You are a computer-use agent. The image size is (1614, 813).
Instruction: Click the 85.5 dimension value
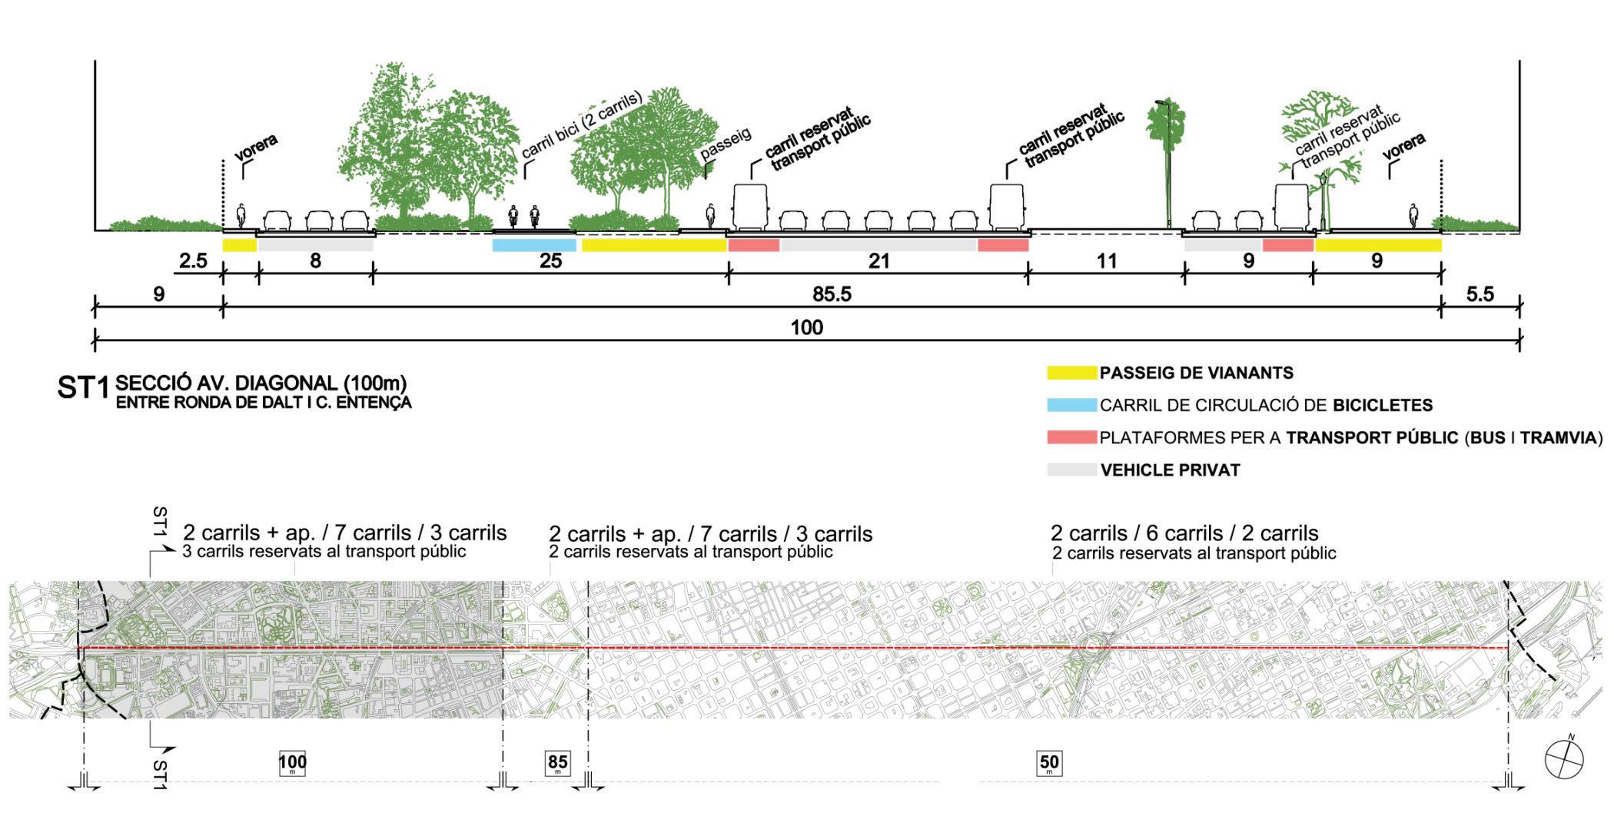point(832,294)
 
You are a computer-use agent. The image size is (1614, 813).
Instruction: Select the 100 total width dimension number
point(806,328)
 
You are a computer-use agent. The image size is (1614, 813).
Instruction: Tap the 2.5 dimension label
point(193,261)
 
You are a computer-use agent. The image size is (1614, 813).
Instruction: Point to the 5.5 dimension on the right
point(1479,294)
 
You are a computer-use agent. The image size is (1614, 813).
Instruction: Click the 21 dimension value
point(878,261)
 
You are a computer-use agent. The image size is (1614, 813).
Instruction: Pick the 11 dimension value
point(1106,261)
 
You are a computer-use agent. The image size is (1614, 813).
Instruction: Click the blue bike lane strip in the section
point(533,245)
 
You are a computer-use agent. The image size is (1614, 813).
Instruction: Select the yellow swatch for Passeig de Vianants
point(1071,373)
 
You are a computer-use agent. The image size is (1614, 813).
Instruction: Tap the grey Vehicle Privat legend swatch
point(1071,470)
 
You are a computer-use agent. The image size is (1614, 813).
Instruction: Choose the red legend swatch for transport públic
point(1071,437)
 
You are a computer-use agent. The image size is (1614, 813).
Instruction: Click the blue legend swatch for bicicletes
point(1071,405)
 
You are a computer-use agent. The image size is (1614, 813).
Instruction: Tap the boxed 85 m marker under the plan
point(558,763)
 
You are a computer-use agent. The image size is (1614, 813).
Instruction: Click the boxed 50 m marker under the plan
point(1049,763)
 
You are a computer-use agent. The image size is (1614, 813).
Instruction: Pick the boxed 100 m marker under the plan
point(292,764)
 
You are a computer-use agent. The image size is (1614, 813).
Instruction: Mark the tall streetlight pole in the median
point(1167,165)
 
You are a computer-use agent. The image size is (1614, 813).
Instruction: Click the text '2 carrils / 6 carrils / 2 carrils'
point(1184,533)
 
